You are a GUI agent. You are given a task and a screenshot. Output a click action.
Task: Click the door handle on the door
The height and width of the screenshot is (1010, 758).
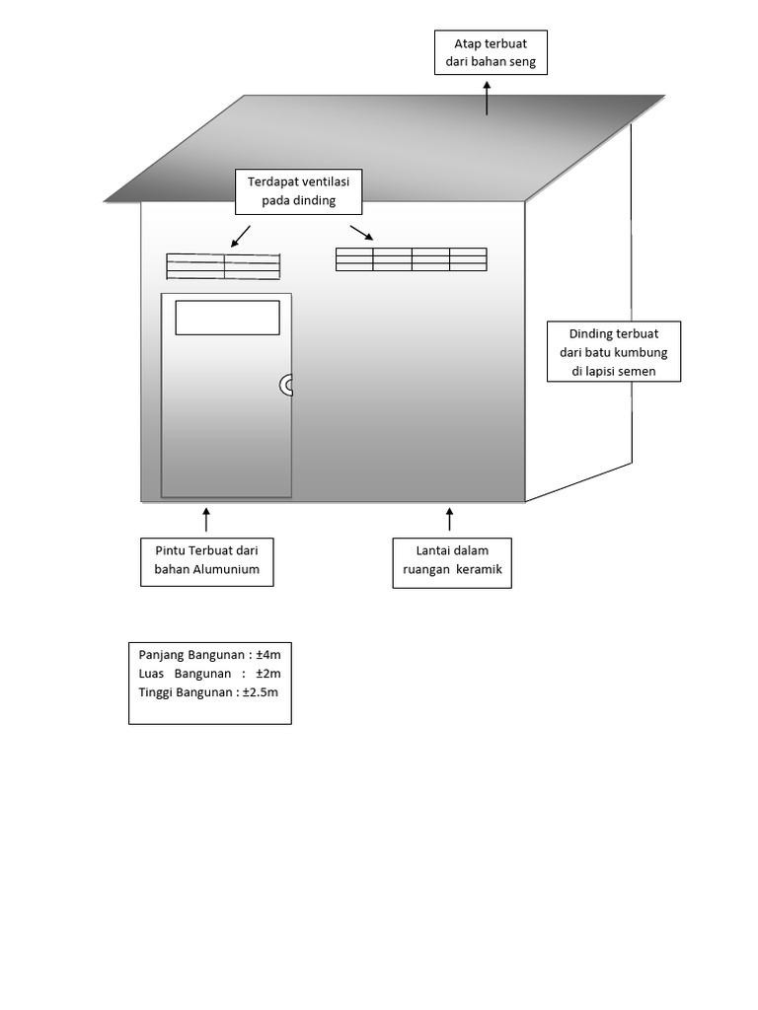(283, 386)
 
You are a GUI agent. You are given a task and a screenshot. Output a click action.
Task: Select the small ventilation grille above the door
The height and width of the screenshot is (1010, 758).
(223, 266)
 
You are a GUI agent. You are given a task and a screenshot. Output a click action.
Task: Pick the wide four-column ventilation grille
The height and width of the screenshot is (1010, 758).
(412, 259)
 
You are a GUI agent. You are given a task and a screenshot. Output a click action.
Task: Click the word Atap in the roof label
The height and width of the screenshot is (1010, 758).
(467, 43)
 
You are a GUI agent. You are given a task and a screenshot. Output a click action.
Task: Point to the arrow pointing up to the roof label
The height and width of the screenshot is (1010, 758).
(487, 98)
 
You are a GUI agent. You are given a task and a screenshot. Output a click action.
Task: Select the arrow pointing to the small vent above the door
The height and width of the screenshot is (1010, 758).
(241, 237)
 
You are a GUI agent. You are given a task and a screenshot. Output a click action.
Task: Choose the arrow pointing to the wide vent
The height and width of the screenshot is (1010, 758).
(361, 233)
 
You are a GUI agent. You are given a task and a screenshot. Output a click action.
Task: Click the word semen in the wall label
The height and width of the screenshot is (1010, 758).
(639, 371)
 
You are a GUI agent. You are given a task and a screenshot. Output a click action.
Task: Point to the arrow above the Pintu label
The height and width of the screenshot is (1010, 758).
(206, 519)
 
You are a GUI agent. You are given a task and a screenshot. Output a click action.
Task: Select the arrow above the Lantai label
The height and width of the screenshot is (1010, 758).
(449, 519)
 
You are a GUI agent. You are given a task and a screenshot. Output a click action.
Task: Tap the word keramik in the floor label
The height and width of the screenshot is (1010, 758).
(479, 569)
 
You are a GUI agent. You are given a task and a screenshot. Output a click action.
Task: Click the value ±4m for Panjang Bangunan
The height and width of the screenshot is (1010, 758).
(268, 655)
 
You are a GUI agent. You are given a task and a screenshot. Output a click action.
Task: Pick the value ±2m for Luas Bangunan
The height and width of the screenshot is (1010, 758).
(268, 674)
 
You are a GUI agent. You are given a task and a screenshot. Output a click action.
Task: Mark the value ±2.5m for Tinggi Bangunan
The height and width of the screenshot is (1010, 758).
(261, 692)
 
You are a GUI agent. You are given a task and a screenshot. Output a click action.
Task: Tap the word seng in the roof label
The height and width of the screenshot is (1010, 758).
(523, 62)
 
